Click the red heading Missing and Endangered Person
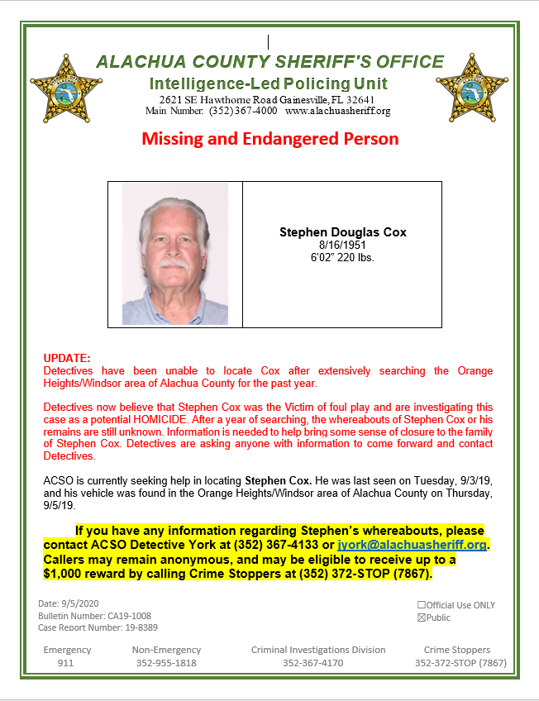[269, 138]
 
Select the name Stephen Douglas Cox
[342, 233]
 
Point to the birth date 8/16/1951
[342, 246]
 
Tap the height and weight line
[342, 257]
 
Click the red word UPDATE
[66, 360]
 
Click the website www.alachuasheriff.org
[337, 111]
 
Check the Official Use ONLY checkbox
[422, 605]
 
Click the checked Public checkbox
[422, 617]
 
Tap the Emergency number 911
[66, 663]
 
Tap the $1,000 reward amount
[71, 574]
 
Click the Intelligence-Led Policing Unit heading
[269, 83]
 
